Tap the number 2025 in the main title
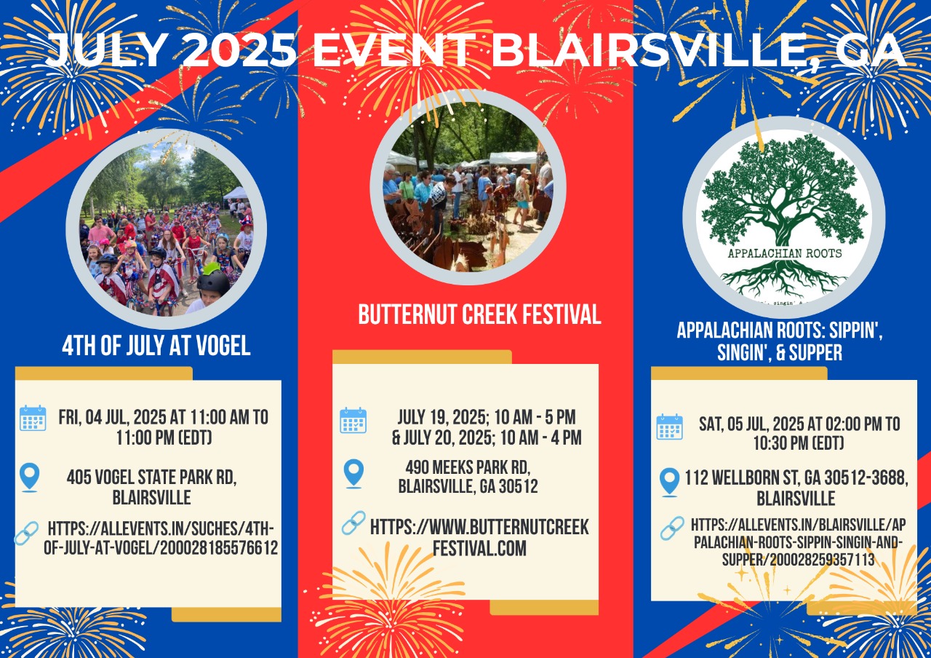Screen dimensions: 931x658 (x=240, y=50)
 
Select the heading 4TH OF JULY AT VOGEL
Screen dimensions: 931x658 (x=156, y=346)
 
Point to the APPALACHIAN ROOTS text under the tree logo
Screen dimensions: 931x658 (x=785, y=253)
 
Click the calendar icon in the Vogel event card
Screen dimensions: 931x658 (x=33, y=418)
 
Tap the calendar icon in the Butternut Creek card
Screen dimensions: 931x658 (x=353, y=420)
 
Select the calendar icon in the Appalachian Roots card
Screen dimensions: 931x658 (x=670, y=427)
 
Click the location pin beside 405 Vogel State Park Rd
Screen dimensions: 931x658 (x=30, y=477)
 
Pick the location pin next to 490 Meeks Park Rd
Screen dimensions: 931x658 (x=353, y=473)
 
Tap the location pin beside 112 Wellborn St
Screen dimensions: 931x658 (x=670, y=482)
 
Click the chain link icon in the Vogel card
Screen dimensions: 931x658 (x=27, y=534)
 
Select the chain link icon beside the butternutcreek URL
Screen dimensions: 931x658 (x=353, y=523)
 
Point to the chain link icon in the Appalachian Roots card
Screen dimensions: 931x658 (x=672, y=528)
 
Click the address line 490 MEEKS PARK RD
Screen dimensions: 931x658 (x=468, y=467)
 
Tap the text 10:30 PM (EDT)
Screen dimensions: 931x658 (x=799, y=443)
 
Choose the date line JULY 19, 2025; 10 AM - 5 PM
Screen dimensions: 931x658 (x=487, y=417)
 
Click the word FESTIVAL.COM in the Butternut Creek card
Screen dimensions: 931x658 (x=479, y=548)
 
